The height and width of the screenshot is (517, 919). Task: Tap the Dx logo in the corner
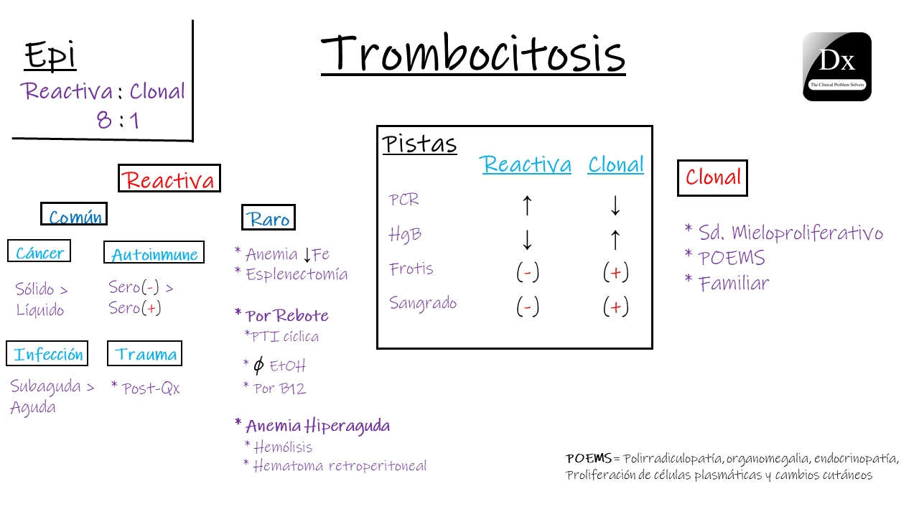tap(836, 67)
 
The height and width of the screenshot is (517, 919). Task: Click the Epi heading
tap(50, 55)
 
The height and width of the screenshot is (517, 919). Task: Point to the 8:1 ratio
tap(118, 119)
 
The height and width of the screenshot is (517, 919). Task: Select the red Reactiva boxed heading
tap(169, 179)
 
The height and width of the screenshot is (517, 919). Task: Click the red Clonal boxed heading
tap(712, 177)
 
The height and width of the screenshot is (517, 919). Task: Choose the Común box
tap(75, 215)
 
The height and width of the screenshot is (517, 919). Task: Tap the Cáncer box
tap(39, 252)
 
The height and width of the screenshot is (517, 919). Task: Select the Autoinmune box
tap(154, 253)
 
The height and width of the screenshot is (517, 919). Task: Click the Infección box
tap(47, 354)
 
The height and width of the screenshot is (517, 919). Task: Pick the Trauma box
tap(145, 354)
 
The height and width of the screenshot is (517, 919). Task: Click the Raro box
tap(269, 218)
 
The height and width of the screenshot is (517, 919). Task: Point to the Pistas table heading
tap(419, 144)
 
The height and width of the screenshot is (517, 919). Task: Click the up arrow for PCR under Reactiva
tap(526, 205)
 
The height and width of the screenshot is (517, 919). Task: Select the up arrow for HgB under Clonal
tap(615, 239)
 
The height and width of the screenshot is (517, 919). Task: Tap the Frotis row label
tap(411, 269)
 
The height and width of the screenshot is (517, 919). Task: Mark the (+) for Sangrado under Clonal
tap(615, 307)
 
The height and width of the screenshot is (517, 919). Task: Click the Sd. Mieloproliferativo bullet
tap(783, 233)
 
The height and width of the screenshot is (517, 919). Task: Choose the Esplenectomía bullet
tap(291, 274)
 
